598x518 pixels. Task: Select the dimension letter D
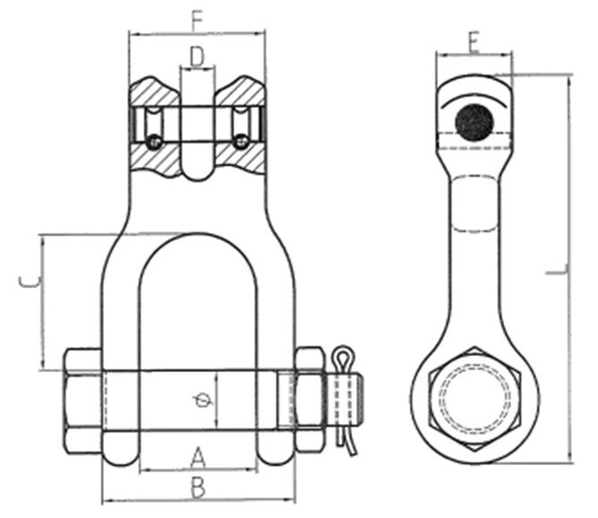pyautogui.click(x=198, y=57)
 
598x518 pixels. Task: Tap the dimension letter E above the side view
pyautogui.click(x=474, y=39)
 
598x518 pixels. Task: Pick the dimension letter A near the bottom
pyautogui.click(x=199, y=458)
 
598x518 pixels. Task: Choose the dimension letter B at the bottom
pyautogui.click(x=199, y=488)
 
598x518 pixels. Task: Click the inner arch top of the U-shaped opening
pyautogui.click(x=198, y=238)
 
